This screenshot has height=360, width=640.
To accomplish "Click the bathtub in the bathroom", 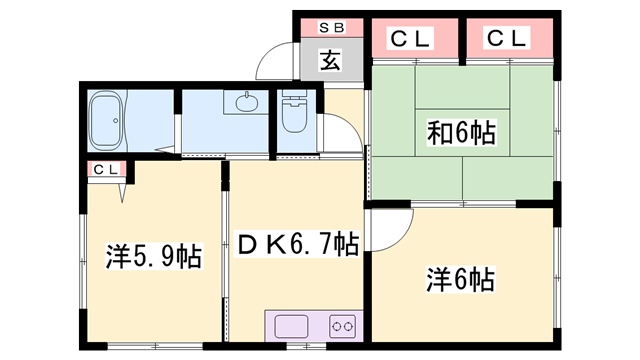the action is click(x=106, y=120).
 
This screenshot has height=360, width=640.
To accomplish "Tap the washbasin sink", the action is click(x=247, y=102).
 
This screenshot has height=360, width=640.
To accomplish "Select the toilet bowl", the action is click(x=294, y=118).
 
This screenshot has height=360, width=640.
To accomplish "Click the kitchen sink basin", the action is click(x=291, y=326).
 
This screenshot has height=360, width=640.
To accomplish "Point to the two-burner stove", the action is click(x=342, y=326).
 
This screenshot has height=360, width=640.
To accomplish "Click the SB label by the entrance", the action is click(x=331, y=28).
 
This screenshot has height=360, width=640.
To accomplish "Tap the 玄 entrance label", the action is click(x=330, y=60).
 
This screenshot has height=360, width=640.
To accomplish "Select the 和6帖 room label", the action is click(x=461, y=132).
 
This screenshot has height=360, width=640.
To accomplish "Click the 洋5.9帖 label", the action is click(x=154, y=256).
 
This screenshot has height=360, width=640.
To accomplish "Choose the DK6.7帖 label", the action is click(x=298, y=244).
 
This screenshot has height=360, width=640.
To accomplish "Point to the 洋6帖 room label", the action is click(x=460, y=280).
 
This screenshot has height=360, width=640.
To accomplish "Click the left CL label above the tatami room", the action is click(x=410, y=39).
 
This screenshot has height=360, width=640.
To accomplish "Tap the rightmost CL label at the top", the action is click(x=507, y=38).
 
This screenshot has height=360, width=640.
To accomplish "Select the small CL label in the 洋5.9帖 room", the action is click(x=106, y=169).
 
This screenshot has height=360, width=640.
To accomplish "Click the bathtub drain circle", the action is click(x=116, y=120).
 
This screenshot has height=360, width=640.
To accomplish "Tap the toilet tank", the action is click(x=294, y=96).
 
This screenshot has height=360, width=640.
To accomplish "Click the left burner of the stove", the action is click(x=337, y=327).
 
